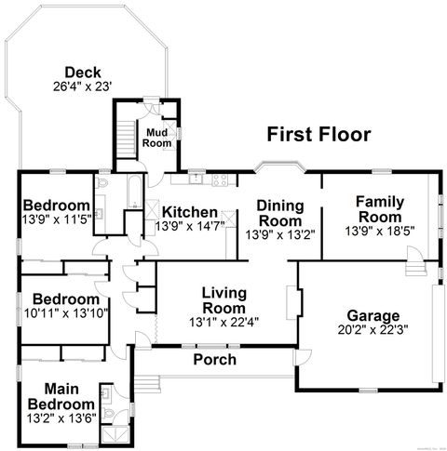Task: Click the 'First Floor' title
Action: (318, 135)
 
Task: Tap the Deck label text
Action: (82, 73)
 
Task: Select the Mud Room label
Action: (156, 138)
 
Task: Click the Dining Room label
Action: (279, 213)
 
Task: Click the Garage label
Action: (372, 314)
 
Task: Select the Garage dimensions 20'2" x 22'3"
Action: (372, 328)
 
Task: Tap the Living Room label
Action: (223, 300)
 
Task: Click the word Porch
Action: (215, 360)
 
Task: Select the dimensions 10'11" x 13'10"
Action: (66, 312)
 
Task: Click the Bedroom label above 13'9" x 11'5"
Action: (56, 206)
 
